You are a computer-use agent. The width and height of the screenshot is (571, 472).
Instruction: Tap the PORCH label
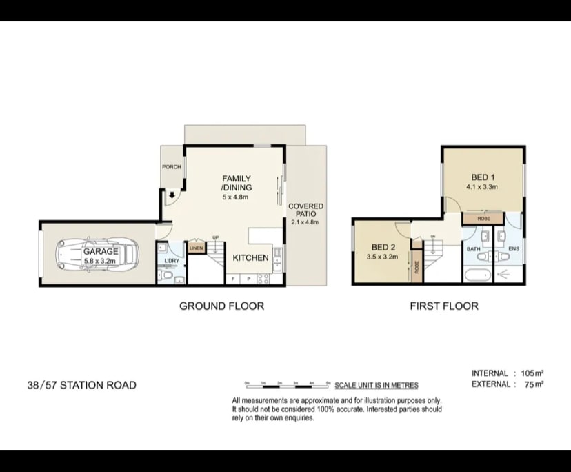point(171,167)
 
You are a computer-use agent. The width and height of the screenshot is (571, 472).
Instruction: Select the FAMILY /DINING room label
point(236,183)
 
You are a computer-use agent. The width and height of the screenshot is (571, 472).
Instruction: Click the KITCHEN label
point(250,257)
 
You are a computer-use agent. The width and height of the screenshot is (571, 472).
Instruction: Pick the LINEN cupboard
point(197,247)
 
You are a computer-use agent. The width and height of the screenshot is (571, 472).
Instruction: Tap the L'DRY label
point(172,261)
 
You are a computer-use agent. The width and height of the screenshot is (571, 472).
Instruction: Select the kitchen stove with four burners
point(263,279)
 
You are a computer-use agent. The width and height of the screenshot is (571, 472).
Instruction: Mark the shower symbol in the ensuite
point(505,275)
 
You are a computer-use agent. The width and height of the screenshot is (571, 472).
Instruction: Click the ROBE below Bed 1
point(482,218)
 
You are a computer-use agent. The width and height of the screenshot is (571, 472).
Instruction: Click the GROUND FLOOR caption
point(221,306)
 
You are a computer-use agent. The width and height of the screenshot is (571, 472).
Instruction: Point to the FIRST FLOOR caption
point(444,306)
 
